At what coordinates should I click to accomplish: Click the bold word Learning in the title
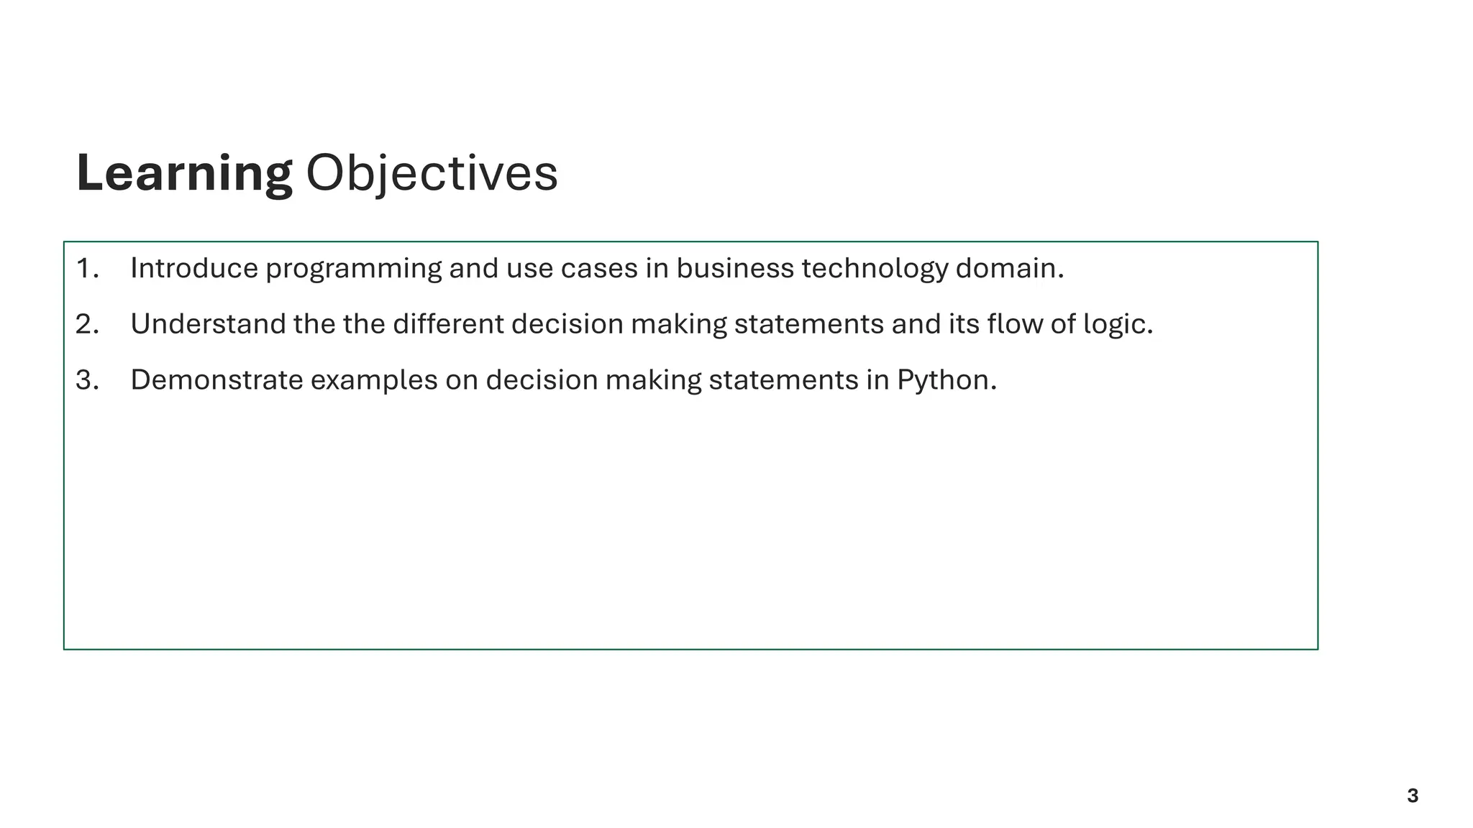click(x=184, y=173)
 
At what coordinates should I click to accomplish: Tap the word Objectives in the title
click(x=432, y=173)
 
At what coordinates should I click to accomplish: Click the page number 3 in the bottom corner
click(x=1413, y=796)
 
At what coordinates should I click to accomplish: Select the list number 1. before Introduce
click(x=87, y=269)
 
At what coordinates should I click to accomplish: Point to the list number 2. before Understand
click(x=87, y=324)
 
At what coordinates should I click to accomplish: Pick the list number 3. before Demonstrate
click(x=87, y=380)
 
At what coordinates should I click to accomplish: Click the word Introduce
click(x=194, y=269)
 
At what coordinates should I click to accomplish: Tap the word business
click(x=734, y=269)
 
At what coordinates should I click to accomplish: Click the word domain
click(x=1008, y=269)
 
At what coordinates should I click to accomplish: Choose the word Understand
click(x=208, y=324)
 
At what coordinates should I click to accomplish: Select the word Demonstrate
click(x=216, y=380)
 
